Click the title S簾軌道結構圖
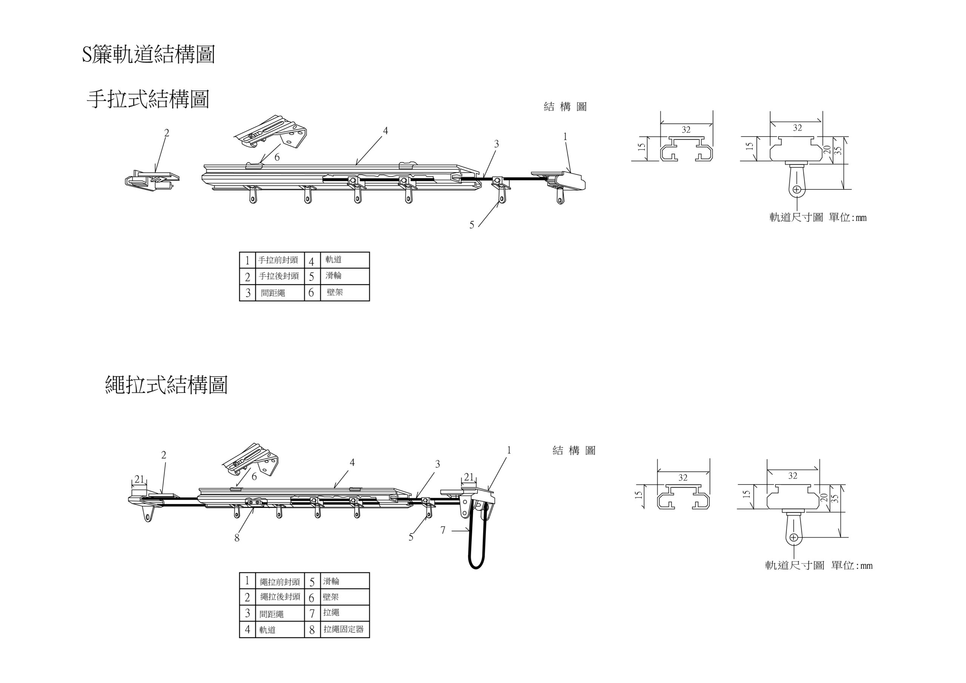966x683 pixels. click(148, 55)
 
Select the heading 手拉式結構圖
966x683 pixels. click(148, 99)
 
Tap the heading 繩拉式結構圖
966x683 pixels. click(166, 385)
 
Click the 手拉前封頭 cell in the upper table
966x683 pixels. click(278, 260)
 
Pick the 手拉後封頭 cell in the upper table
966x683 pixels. click(278, 276)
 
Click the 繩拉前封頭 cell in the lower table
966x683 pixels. click(280, 582)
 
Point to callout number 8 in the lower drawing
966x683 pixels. click(237, 538)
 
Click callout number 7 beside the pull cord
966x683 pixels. click(443, 530)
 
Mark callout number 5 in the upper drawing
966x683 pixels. click(472, 225)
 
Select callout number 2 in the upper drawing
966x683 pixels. click(167, 133)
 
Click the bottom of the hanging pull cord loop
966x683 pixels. click(477, 567)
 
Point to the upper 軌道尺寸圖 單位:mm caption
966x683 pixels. click(817, 218)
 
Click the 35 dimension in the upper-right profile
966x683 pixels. click(838, 150)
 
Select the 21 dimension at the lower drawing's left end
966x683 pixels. click(139, 479)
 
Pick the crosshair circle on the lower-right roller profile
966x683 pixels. click(794, 537)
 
